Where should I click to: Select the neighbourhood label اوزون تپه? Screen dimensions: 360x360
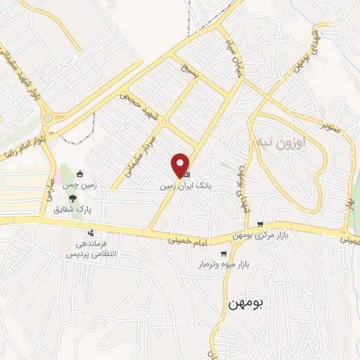point(281,141)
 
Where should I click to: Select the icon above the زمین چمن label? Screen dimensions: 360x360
point(79,174)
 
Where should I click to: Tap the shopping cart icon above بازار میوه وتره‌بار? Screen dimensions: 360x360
point(224,254)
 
